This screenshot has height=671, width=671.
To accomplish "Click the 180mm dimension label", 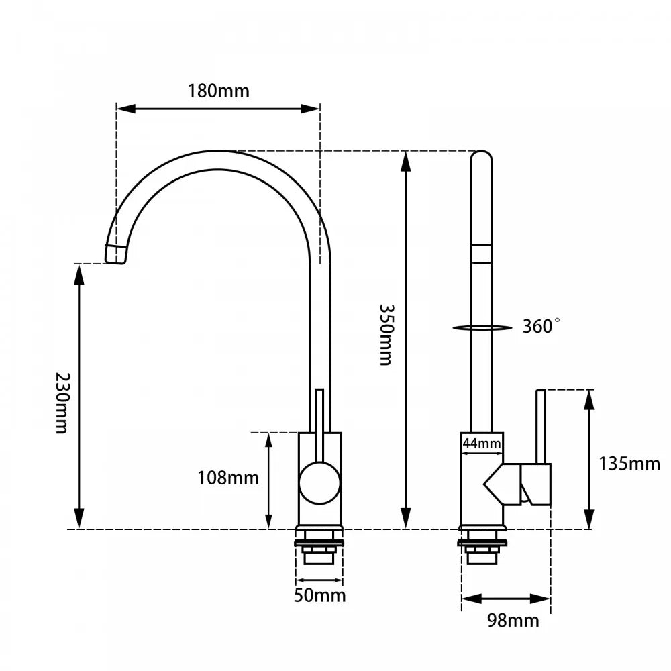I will pos(218,91).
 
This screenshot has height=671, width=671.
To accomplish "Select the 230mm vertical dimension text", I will pos(62,403).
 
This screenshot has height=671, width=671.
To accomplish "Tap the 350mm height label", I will pos(385,334).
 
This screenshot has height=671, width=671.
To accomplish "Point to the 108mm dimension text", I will pos(228,478).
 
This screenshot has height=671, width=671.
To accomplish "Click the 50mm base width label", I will pos(320,595).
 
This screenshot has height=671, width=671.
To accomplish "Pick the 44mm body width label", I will pos(481,443).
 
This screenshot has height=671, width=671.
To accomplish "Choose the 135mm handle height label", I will pos(629,464).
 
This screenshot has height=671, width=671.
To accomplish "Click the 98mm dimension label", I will pos(513,621).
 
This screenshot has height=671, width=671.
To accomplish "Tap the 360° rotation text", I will pos(541,327).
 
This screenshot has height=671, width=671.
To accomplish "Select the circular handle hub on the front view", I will pos(319,483).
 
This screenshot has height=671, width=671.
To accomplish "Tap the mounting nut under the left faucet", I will pos(319,550).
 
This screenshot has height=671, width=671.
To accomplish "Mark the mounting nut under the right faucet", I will pos(483,550).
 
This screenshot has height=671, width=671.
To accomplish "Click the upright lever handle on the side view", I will pos(541,426).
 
